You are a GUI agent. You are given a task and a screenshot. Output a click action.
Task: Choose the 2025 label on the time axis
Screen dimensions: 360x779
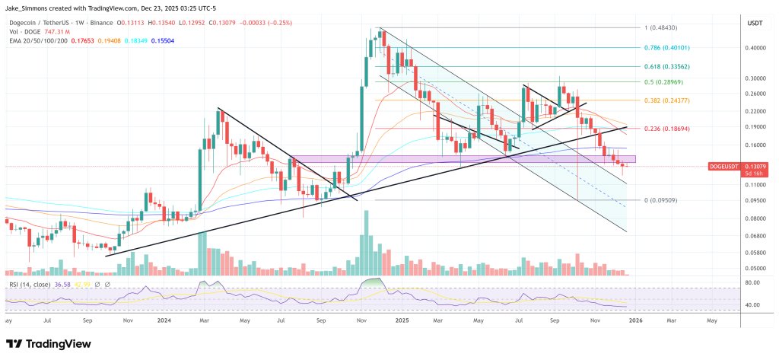point(402,321)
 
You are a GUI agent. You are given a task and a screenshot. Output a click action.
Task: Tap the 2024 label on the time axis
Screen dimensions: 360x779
point(164,321)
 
